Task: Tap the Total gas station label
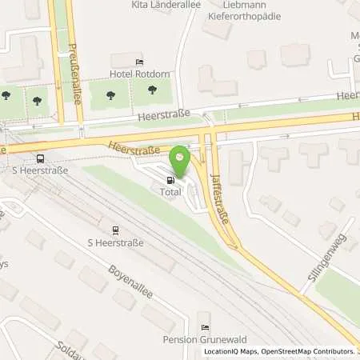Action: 170,193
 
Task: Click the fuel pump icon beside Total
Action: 170,181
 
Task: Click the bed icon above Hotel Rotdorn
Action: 140,62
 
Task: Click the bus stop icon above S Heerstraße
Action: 40,159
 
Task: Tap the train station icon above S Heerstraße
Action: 114,229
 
